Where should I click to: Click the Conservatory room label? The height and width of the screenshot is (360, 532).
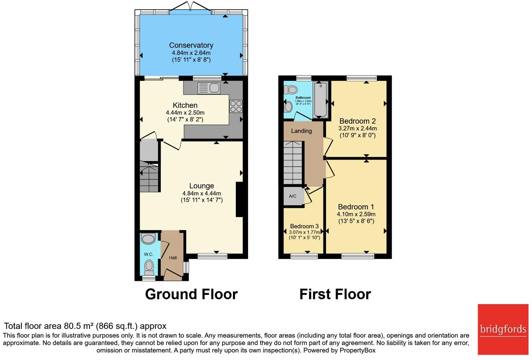[191, 45]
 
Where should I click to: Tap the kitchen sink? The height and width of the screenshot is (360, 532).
[209, 88]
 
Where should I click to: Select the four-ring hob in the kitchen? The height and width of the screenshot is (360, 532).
[236, 106]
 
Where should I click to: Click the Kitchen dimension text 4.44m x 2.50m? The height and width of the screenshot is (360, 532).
[185, 112]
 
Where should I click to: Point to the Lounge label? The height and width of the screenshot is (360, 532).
[201, 186]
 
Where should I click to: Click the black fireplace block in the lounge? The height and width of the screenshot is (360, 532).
[239, 200]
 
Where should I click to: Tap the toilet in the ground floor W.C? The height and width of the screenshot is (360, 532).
[149, 267]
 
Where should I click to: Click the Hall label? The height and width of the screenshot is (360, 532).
[173, 258]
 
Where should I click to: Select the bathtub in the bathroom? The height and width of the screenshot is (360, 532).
[320, 100]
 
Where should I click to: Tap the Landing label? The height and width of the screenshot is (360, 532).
[301, 131]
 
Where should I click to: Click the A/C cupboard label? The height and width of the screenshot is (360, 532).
[292, 196]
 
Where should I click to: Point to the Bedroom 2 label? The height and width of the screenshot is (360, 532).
[357, 121]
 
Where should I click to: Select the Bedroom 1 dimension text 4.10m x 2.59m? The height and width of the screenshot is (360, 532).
[356, 214]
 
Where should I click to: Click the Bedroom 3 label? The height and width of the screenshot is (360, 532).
[304, 226]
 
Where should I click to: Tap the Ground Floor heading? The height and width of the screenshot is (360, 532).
[191, 294]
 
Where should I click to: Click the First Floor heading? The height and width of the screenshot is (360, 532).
[335, 294]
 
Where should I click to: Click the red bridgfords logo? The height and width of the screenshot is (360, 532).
[503, 329]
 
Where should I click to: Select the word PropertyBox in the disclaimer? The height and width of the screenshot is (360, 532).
[357, 350]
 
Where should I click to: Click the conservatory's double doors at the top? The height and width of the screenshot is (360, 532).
[190, 7]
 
